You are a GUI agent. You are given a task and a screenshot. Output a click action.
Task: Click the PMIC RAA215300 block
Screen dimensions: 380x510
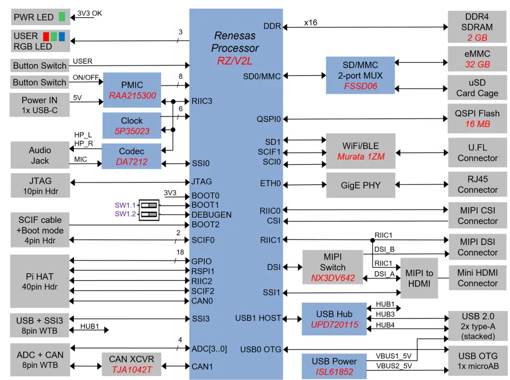[132, 90]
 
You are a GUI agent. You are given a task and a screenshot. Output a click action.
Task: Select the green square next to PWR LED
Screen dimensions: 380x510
[62, 17]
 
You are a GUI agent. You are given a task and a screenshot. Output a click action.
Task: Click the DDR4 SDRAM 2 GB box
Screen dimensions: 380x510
[477, 27]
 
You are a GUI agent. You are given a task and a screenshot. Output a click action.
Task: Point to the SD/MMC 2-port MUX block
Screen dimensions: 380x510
[360, 75]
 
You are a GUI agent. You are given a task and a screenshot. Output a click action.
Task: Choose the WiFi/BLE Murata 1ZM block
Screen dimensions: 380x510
[360, 151]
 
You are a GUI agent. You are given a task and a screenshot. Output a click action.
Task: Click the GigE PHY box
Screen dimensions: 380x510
[360, 185]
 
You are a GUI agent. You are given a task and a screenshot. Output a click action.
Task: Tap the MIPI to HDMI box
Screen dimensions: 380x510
[419, 278]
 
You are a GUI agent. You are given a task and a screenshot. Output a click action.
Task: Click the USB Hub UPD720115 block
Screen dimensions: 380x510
[334, 319]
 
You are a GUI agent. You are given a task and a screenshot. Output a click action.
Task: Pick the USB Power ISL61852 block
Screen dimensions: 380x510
[334, 366]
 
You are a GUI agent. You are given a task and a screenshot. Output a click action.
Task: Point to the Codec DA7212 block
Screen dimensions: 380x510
[131, 156]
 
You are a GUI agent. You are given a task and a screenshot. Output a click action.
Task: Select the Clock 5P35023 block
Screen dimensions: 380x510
[132, 125]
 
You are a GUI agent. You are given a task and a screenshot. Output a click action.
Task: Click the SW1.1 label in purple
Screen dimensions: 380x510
[125, 205]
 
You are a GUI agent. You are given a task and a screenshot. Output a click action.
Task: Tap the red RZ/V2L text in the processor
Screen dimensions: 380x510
[235, 61]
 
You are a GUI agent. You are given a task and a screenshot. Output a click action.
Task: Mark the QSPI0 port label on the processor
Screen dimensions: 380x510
[268, 119]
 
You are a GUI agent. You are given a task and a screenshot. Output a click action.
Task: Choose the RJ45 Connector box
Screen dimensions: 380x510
[477, 184]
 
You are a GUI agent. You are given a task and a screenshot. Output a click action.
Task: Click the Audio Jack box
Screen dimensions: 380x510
[39, 155]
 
